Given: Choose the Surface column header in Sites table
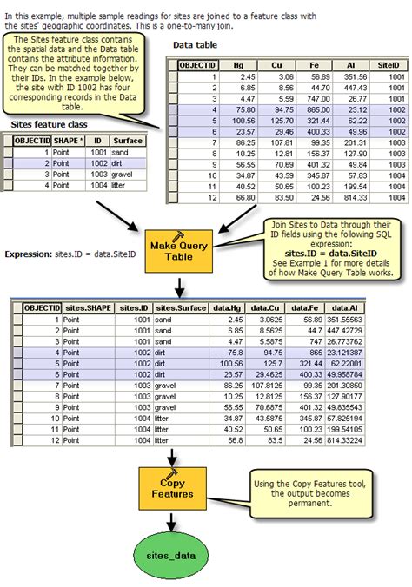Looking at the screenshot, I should pyautogui.click(x=128, y=140).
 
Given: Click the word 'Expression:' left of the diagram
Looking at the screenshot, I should pyautogui.click(x=30, y=254).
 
